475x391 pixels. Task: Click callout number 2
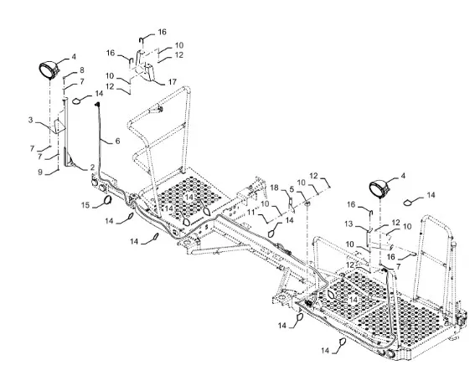pos(92,167)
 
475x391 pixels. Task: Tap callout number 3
pos(31,120)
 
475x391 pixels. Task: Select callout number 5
pos(292,189)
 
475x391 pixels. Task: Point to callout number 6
pos(117,141)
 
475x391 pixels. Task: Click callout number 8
pos(82,70)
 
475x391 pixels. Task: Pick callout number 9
pos(40,172)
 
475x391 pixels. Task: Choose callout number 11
pos(251,213)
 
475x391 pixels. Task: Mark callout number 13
pos(349,224)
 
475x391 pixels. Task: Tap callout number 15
pos(85,205)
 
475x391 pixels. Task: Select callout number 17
pos(173,82)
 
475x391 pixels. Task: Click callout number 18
pos(274,188)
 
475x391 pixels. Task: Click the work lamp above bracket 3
pos(49,70)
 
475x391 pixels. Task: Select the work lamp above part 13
pos(379,188)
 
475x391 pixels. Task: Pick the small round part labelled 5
pos(307,203)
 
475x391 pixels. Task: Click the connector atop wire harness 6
pos(97,105)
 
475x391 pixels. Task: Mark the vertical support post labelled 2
pos(68,132)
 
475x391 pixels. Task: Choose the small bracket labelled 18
pos(291,204)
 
